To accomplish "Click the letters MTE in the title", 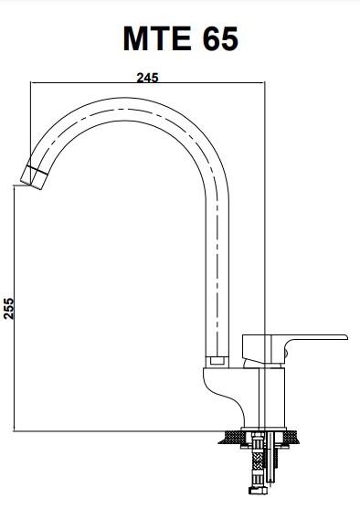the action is (157, 38).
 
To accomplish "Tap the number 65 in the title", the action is (220, 38).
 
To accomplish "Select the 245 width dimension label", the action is (147, 78).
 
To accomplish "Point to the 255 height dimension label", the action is (9, 308).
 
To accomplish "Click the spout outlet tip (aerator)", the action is (34, 177).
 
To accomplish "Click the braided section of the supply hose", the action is (257, 463).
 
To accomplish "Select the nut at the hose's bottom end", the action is (259, 490).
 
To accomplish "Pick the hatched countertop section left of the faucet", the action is (231, 437).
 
